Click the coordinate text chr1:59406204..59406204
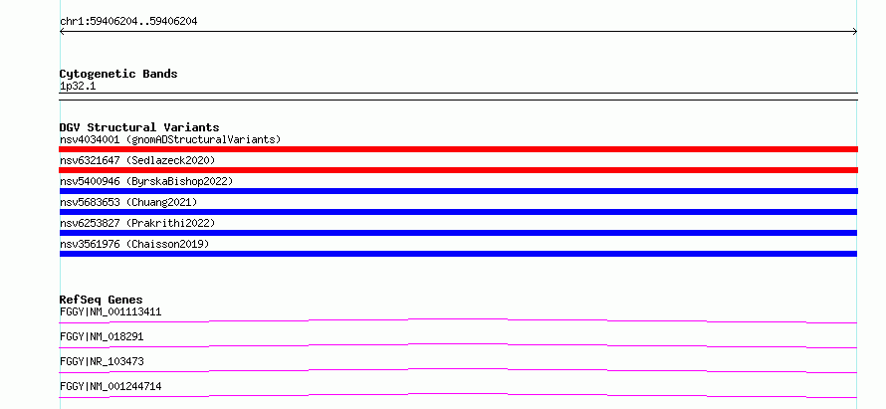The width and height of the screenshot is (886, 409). click(x=128, y=22)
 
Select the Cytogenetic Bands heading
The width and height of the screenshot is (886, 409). click(x=118, y=74)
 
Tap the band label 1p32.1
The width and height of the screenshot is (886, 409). click(x=78, y=87)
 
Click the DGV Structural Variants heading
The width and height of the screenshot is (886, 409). click(x=139, y=127)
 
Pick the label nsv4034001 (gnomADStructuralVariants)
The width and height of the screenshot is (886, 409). click(x=170, y=139)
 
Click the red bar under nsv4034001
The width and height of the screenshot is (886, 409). click(x=458, y=149)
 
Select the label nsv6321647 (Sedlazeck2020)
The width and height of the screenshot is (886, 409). click(x=137, y=160)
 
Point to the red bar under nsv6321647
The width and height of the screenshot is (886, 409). click(x=458, y=170)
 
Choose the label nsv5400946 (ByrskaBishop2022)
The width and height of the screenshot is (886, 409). click(x=146, y=181)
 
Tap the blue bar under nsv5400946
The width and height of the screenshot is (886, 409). click(x=458, y=191)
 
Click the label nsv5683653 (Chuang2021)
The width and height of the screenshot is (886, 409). click(x=128, y=202)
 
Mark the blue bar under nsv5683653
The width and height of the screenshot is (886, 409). click(x=458, y=212)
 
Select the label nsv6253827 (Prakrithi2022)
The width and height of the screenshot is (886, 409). click(x=137, y=223)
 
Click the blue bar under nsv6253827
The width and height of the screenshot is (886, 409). click(x=458, y=233)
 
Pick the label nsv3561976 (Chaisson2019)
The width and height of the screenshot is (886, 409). click(x=134, y=244)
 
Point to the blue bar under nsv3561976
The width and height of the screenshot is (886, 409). click(x=458, y=254)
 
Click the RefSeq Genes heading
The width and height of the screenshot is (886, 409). click(x=102, y=300)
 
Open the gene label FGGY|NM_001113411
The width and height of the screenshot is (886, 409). click(x=111, y=311)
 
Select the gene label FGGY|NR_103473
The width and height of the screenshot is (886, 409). click(x=102, y=361)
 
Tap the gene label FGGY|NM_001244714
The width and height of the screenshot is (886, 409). click(x=111, y=386)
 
